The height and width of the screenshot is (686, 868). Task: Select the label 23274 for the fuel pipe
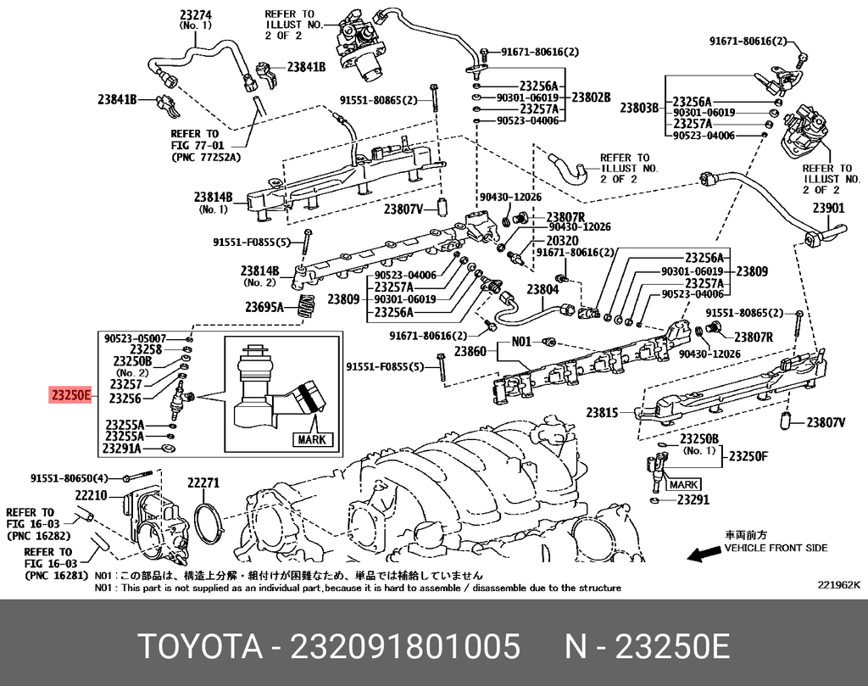click(x=196, y=14)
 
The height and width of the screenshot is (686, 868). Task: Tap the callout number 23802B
click(x=592, y=98)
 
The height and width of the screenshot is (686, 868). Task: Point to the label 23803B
click(x=638, y=107)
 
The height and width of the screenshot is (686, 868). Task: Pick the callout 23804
click(x=542, y=289)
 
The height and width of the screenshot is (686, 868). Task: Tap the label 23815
click(x=604, y=412)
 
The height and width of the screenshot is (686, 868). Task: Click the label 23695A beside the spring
click(x=264, y=307)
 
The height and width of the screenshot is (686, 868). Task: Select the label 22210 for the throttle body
click(x=91, y=495)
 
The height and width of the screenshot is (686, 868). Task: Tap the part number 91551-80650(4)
click(x=70, y=477)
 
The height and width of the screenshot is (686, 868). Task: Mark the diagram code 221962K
click(x=838, y=585)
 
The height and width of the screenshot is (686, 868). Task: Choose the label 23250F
click(x=748, y=455)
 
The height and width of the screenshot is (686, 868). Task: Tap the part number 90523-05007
click(x=135, y=337)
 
